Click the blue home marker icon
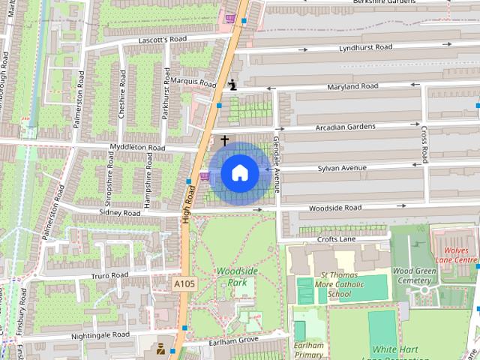tap(240, 173)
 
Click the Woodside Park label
tap(237, 277)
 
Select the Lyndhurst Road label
tap(365, 47)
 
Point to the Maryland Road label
tap(352, 87)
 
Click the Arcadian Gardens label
tap(345, 127)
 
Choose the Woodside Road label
tap(335, 208)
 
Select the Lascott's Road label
tap(162, 39)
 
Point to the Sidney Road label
tap(120, 213)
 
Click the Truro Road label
tap(109, 275)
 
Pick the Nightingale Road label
tap(102, 334)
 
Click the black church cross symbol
tap(223, 140)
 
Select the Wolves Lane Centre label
tap(456, 254)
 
